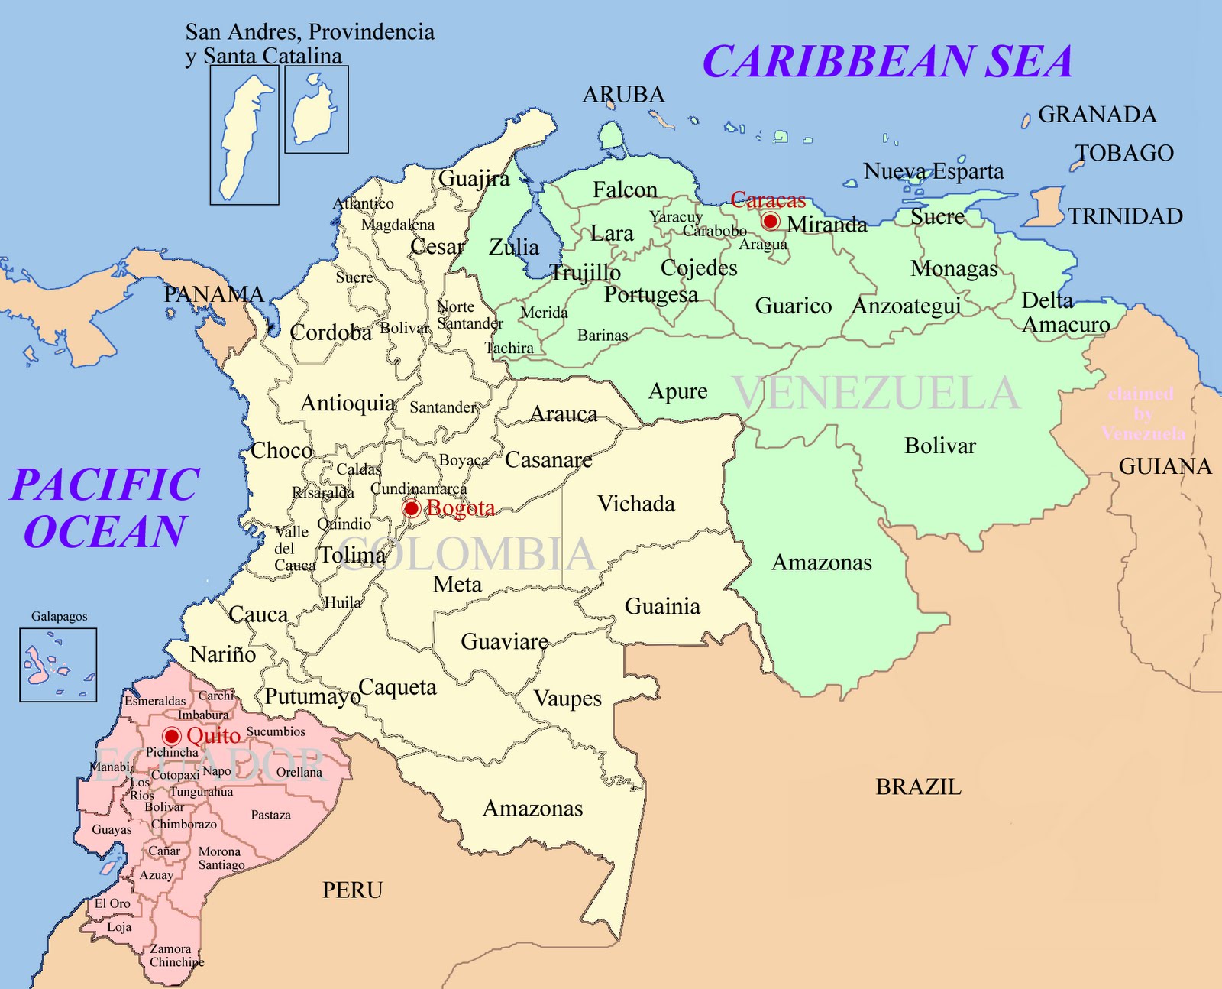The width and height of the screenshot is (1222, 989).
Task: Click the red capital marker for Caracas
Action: [771, 222]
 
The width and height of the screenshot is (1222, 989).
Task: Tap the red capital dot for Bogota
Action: [412, 508]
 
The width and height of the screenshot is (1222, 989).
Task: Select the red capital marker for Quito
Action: [172, 736]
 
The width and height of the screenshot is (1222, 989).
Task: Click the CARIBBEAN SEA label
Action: [887, 62]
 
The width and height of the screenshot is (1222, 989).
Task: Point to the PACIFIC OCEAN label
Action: [105, 508]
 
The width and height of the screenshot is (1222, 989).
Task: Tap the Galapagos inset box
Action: [58, 665]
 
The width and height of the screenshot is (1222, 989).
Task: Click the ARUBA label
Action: [623, 95]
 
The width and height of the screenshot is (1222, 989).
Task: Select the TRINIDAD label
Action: [1125, 216]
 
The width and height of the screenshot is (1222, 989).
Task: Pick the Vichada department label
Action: [636, 504]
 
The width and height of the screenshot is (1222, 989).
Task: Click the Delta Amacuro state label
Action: [1065, 313]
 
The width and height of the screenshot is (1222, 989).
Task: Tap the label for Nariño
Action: [223, 654]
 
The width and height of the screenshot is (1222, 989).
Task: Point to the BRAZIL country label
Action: [918, 786]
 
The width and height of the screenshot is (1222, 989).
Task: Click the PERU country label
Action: [352, 890]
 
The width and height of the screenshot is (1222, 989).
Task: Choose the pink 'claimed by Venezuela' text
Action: [1142, 413]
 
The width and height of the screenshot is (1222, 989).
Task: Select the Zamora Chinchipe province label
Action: [176, 955]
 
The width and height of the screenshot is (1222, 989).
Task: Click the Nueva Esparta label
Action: [933, 171]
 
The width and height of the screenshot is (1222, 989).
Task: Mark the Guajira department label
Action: [474, 178]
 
